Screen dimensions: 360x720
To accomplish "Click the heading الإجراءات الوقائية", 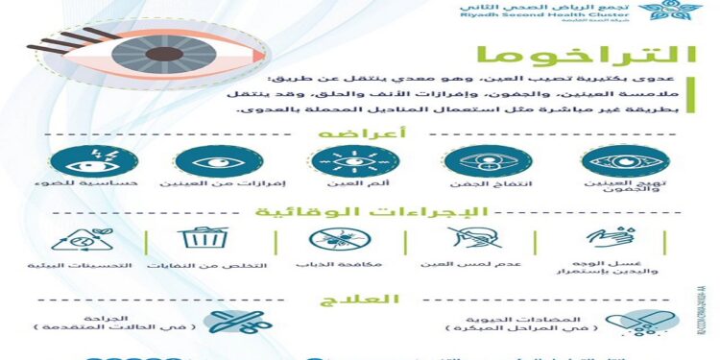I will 356,213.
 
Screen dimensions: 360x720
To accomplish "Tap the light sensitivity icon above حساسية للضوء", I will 82,159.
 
